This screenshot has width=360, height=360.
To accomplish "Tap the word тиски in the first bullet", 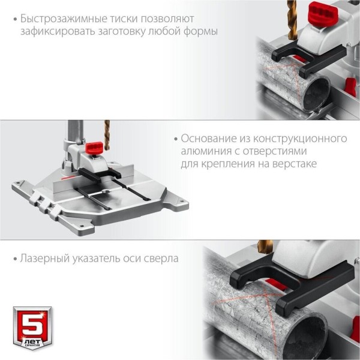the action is click(x=123, y=19).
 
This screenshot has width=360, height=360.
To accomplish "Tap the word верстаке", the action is click(x=295, y=164).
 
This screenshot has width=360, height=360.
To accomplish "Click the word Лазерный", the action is click(x=45, y=258).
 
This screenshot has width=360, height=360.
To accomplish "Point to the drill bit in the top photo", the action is click(x=292, y=20).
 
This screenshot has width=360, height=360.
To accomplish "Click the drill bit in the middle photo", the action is click(x=107, y=135).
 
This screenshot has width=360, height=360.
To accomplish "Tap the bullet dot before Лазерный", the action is click(x=16, y=259).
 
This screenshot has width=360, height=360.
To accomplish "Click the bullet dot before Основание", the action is click(x=176, y=139).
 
